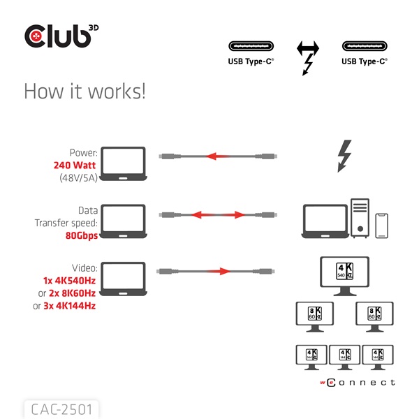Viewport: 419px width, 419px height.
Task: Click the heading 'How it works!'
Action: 84,91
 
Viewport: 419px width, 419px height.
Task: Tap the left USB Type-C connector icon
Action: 251,47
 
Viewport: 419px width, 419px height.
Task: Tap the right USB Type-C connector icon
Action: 364,47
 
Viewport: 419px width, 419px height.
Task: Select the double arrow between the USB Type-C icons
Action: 307,49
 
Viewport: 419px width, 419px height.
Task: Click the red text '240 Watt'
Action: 75,166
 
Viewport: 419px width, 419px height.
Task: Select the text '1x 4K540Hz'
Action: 69,280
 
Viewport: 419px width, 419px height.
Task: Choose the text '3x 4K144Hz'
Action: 69,305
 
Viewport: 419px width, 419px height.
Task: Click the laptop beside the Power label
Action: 124,164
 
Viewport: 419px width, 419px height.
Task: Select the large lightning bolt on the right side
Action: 344,156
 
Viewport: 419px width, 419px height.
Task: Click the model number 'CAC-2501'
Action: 61,408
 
